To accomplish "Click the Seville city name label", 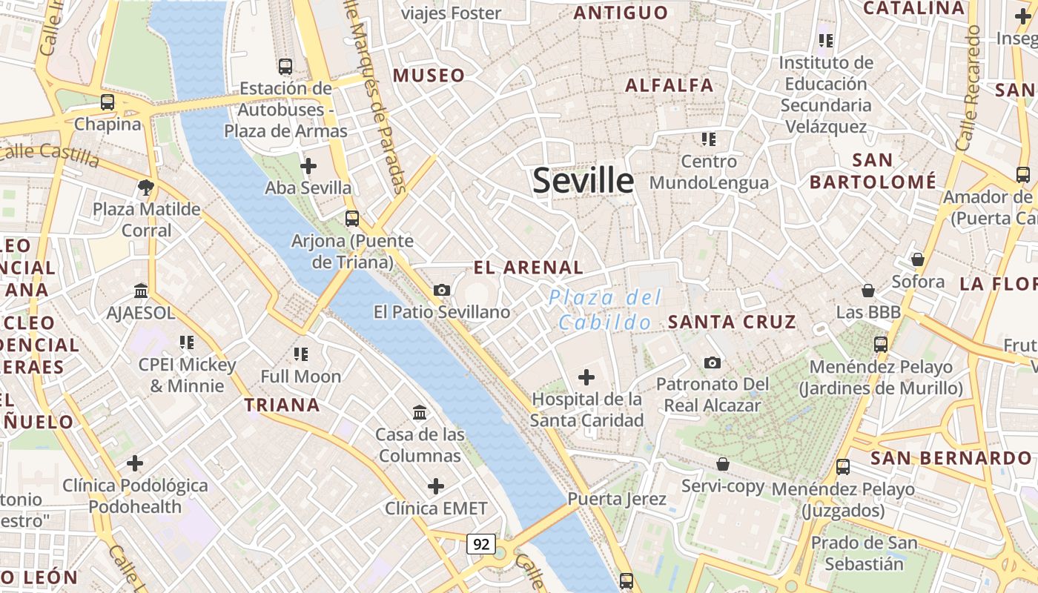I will tap(584, 181).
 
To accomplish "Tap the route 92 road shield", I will tap(481, 545).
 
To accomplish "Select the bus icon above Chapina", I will tap(108, 102).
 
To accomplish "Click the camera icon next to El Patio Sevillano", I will tap(442, 290).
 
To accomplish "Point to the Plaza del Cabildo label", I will tap(605, 310).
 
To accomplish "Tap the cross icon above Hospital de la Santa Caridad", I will tap(586, 377).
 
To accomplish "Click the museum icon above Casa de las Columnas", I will tap(420, 412).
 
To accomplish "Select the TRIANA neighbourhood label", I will tap(282, 405).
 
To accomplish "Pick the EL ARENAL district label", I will tap(529, 268).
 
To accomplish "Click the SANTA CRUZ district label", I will tap(732, 322).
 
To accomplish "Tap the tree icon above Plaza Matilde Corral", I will tap(146, 188).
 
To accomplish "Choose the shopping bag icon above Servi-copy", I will tap(722, 464).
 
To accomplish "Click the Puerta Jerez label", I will tap(617, 499).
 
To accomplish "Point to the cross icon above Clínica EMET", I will tap(436, 486).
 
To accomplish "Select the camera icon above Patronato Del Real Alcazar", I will tap(712, 362).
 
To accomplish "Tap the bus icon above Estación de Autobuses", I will tap(285, 67).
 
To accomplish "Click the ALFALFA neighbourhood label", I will tap(669, 85).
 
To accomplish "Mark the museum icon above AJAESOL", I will tap(141, 291).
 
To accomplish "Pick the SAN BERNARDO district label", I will tap(951, 458).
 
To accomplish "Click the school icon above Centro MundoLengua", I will tap(709, 139).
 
